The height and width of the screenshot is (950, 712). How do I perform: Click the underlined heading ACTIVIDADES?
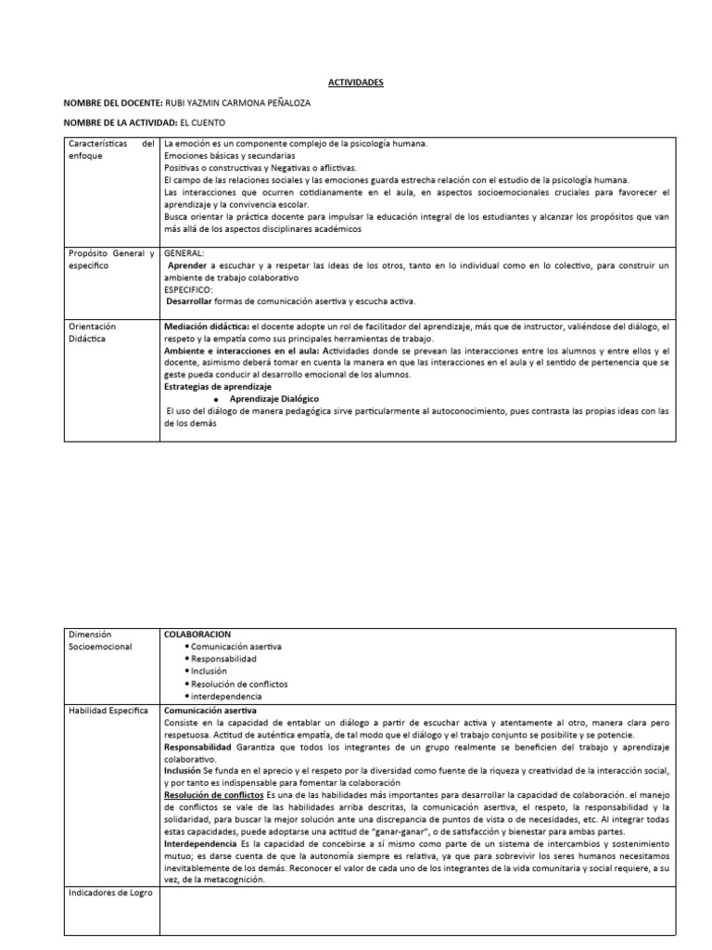(356, 83)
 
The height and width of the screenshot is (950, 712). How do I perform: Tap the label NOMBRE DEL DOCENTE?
(111, 103)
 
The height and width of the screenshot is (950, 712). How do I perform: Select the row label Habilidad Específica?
(108, 710)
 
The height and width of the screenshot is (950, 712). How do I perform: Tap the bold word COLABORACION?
(198, 633)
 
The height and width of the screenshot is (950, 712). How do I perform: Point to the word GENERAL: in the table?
(184, 251)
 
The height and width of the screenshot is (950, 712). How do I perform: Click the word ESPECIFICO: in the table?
(188, 289)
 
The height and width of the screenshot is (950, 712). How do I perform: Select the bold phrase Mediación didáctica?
(206, 327)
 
